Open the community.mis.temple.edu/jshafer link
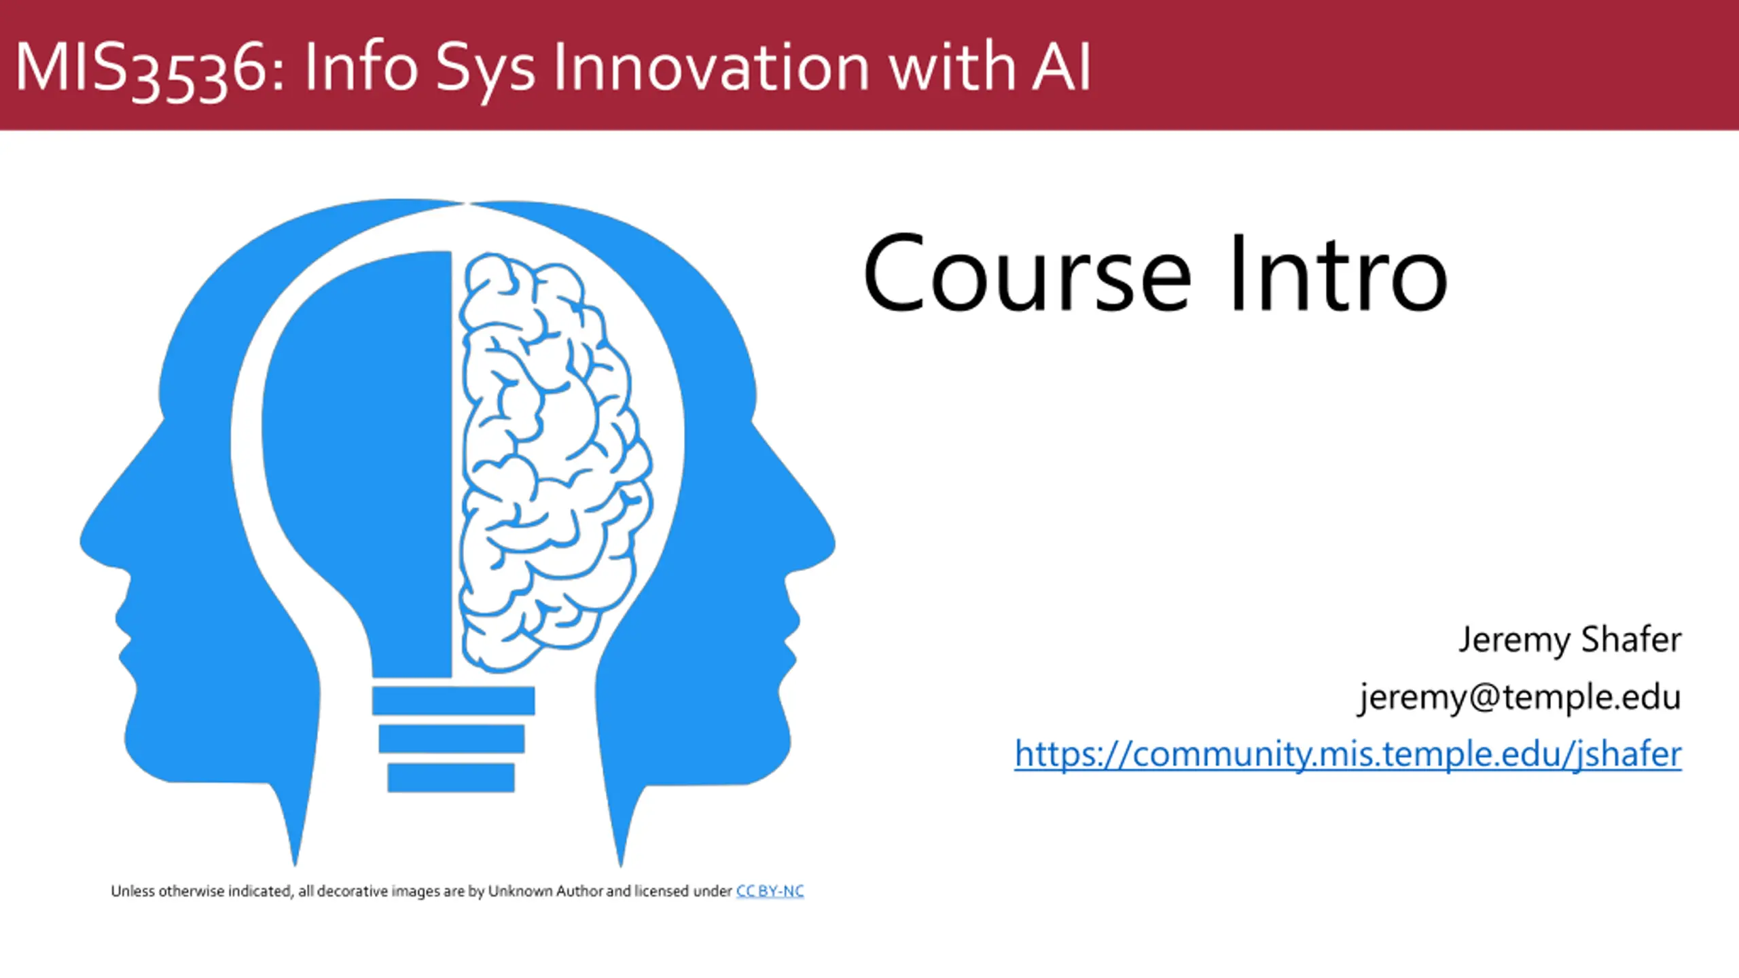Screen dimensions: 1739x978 1348,755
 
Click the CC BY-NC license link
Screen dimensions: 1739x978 770,891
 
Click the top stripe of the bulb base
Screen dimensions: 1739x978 453,700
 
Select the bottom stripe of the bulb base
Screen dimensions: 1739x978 451,778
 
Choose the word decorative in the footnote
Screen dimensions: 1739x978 353,891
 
